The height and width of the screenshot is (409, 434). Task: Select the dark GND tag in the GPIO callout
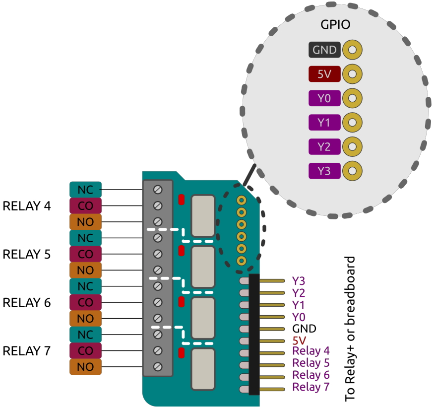[x=324, y=50]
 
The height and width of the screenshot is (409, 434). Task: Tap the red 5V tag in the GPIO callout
[x=324, y=74]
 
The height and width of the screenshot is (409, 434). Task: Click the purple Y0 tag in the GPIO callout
[x=324, y=98]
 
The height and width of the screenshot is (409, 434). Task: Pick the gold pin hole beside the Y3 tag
[x=352, y=171]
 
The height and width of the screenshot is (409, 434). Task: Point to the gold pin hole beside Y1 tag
[x=352, y=122]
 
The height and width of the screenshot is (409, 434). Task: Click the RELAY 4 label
[x=27, y=205]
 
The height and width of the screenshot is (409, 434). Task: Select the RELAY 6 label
[x=27, y=302]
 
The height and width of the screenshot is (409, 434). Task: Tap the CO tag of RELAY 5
[x=85, y=254]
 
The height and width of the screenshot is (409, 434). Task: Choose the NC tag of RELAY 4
[x=85, y=189]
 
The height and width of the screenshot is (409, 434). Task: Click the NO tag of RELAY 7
[x=85, y=367]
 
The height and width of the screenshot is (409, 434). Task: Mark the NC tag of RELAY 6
[x=85, y=286]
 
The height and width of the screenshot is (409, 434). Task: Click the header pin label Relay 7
[x=311, y=387]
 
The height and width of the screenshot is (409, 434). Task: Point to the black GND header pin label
[x=304, y=329]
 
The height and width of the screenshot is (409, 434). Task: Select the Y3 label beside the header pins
[x=299, y=281]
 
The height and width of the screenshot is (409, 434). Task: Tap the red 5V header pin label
[x=299, y=341]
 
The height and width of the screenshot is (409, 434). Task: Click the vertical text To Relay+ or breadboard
[x=350, y=329]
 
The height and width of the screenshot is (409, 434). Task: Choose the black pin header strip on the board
[x=254, y=334]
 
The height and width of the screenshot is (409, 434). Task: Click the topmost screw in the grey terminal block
[x=158, y=189]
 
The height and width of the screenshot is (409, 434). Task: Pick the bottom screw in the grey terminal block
[x=158, y=367]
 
